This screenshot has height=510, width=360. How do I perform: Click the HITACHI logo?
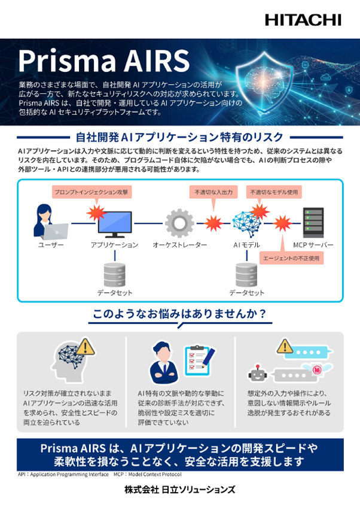click(303, 20)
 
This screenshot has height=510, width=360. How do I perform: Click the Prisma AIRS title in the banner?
click(104, 61)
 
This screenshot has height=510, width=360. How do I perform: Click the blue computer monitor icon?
click(115, 224)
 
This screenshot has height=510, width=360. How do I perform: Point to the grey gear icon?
click(179, 223)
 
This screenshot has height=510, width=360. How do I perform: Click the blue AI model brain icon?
click(247, 224)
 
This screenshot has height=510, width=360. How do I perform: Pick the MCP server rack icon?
click(313, 223)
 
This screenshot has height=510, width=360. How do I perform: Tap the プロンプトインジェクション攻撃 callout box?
click(91, 192)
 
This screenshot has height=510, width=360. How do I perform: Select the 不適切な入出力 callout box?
click(213, 192)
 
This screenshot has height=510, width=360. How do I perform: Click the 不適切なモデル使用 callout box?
click(274, 192)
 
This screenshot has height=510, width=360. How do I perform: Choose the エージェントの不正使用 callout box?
click(291, 258)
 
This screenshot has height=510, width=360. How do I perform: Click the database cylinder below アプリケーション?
click(114, 275)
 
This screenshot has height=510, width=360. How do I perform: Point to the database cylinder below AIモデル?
click(246, 275)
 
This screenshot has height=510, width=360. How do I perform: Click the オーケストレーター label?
click(179, 245)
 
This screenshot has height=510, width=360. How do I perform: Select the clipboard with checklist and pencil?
click(200, 361)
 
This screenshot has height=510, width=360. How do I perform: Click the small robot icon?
click(258, 374)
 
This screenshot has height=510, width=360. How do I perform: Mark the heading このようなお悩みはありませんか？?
click(179, 314)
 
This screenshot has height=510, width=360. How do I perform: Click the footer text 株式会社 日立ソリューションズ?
click(179, 490)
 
